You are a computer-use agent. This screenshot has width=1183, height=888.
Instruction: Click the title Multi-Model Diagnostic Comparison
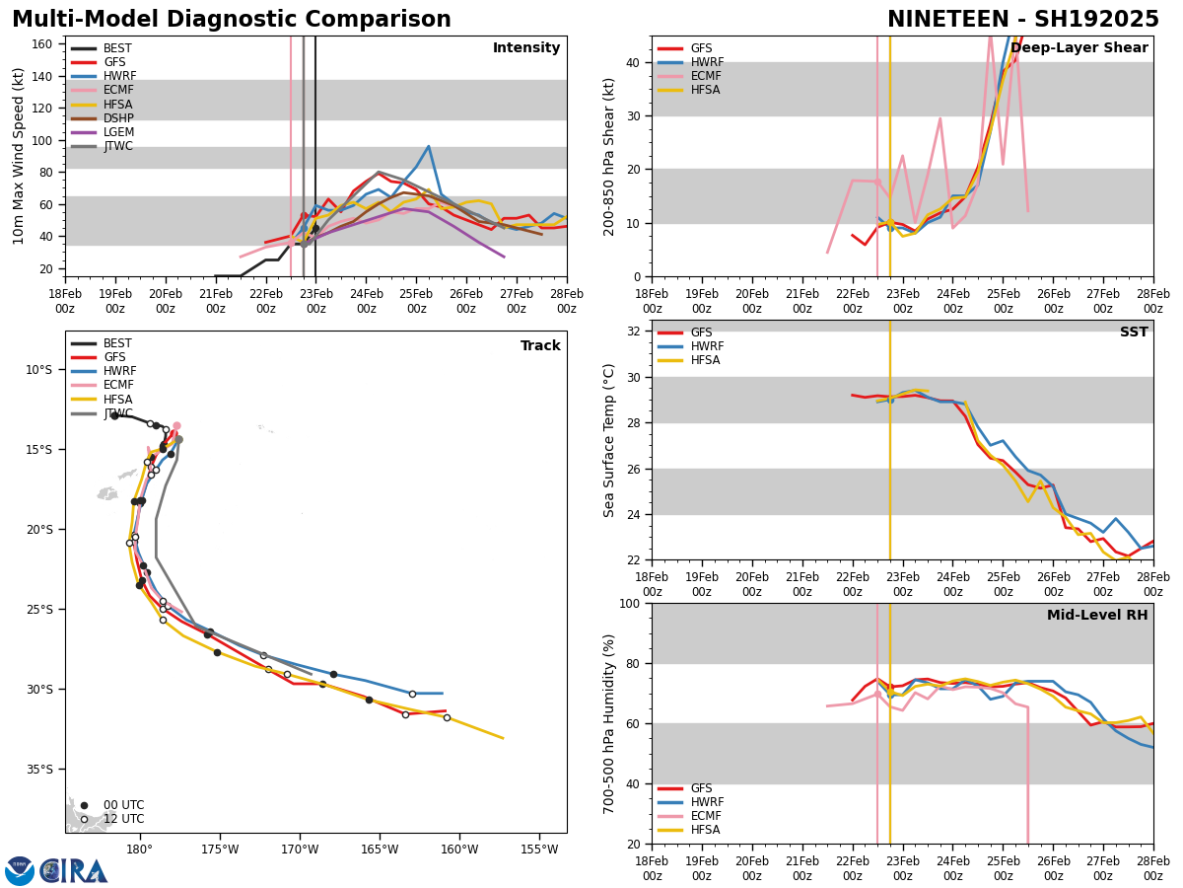232,20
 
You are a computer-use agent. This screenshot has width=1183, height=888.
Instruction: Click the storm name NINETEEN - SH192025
1022,20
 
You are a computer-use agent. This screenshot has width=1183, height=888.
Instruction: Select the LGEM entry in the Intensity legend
118,132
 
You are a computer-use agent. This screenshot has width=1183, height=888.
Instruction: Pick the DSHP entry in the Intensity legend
118,118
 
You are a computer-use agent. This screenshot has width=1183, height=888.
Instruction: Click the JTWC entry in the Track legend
118,413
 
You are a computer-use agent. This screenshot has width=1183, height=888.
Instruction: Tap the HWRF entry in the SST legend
707,346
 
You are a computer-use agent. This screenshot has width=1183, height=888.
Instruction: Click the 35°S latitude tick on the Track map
38,770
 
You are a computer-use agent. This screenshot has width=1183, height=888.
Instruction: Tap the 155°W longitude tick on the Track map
539,850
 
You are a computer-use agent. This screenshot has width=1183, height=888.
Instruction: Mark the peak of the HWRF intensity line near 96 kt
428,146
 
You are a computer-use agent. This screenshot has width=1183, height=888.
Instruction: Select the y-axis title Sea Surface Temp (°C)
609,440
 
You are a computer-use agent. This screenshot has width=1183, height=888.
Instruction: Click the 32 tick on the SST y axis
636,332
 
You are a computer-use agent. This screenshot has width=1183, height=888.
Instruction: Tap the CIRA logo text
75,871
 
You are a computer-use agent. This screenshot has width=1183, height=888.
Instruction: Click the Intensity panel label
526,48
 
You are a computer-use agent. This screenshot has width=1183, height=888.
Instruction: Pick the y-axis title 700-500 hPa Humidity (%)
609,723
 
